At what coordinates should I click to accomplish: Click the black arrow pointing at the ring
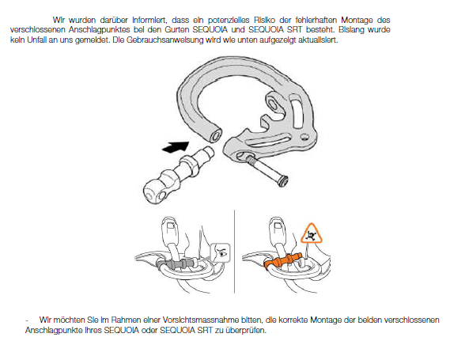176,146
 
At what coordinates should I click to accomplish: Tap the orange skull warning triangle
311,234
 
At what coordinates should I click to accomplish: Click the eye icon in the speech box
221,252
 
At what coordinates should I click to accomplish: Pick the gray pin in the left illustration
177,263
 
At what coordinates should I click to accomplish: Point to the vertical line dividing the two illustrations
234,252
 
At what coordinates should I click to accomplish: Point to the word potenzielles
229,20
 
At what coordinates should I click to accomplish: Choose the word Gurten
176,30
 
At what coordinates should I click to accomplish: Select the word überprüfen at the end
246,331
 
